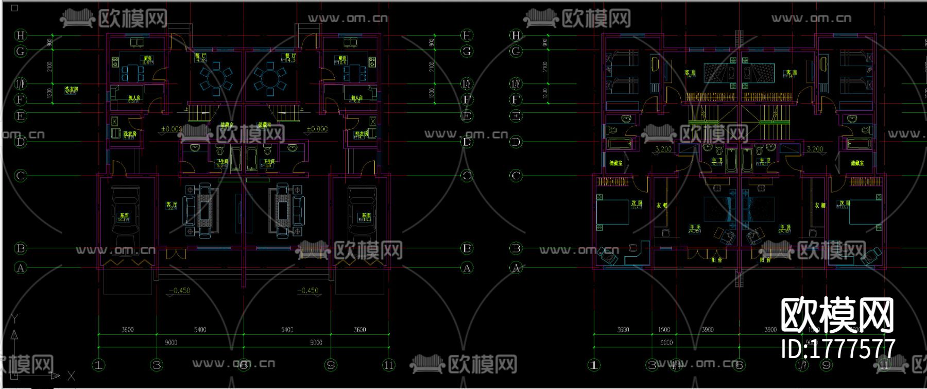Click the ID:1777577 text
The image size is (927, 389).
(x=838, y=349)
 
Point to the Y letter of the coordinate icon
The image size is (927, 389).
(x=14, y=319)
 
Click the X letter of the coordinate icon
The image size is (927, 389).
(x=71, y=376)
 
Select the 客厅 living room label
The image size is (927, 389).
(x=171, y=205)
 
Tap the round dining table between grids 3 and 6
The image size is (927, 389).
(x=216, y=79)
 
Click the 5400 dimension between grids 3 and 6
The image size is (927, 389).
(x=200, y=330)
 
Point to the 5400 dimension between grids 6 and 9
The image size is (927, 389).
(x=287, y=330)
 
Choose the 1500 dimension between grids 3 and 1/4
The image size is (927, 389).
(x=664, y=330)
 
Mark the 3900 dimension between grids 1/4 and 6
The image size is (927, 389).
(x=708, y=330)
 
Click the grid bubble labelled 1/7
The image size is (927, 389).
(x=802, y=365)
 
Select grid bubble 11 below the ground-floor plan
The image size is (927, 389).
(x=388, y=365)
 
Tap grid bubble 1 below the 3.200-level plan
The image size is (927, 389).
(x=594, y=365)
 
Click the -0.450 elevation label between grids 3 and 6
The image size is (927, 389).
(x=180, y=291)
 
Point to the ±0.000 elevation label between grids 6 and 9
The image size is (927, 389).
(x=317, y=129)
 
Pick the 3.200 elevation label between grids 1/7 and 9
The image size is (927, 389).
(x=815, y=149)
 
